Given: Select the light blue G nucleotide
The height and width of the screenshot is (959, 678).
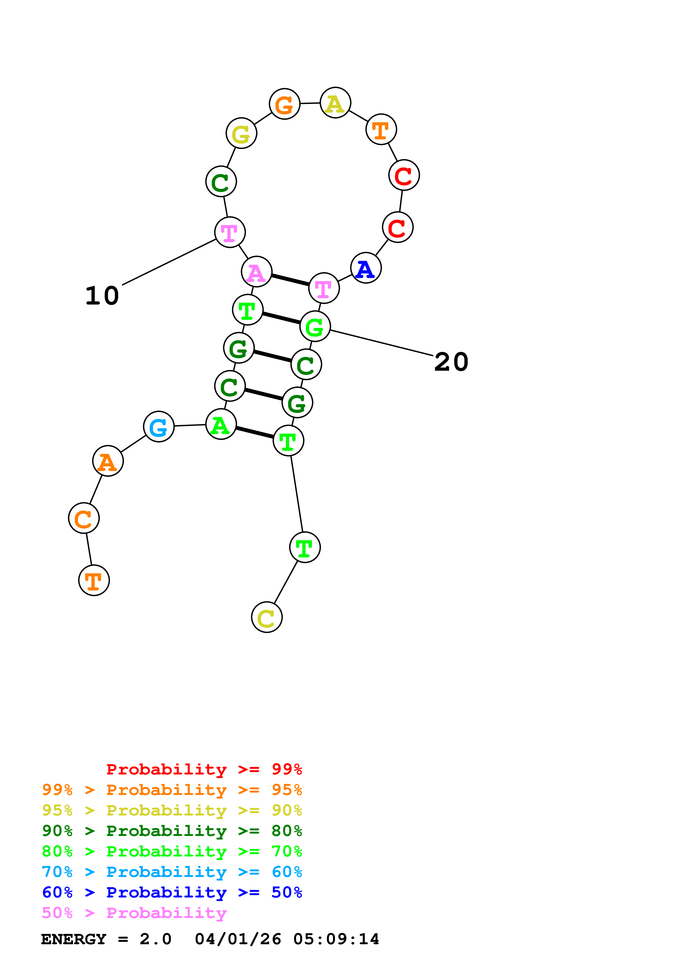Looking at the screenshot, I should (x=158, y=426).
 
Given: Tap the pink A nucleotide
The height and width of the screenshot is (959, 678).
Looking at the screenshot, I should (x=257, y=272).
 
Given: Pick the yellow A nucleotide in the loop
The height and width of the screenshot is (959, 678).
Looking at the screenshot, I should (x=335, y=103).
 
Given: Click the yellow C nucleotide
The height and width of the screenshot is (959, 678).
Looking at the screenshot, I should (x=266, y=617).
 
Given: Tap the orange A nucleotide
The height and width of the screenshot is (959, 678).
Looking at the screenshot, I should (x=108, y=461).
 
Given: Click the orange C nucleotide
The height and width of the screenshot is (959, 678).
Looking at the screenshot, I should (x=83, y=518).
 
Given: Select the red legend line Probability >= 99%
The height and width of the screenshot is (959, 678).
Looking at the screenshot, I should (x=204, y=769).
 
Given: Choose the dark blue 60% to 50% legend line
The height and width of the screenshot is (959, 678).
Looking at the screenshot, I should (x=172, y=892).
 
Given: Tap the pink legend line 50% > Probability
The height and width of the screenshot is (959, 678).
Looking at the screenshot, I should (x=134, y=913).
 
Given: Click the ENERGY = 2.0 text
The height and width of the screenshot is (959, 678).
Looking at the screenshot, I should (x=106, y=939).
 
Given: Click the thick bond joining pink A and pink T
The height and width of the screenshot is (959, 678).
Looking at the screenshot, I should (x=290, y=280).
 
